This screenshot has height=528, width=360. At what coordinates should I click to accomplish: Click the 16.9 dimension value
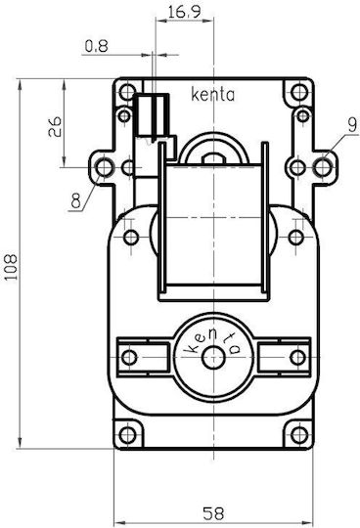(x=184, y=12)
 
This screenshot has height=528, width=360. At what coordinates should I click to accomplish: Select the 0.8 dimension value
(x=96, y=46)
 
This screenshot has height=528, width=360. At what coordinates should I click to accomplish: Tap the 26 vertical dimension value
(x=55, y=126)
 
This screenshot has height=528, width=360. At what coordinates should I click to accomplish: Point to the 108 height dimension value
(x=11, y=267)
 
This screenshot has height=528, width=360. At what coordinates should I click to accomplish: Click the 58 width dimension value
(x=213, y=513)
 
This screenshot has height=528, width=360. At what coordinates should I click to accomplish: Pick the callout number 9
(x=352, y=125)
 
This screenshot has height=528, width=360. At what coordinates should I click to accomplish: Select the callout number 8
(x=76, y=201)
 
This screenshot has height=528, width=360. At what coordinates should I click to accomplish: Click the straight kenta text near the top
(x=213, y=95)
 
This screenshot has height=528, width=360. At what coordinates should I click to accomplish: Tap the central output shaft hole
(x=213, y=358)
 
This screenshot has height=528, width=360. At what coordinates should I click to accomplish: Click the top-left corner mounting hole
(x=127, y=92)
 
